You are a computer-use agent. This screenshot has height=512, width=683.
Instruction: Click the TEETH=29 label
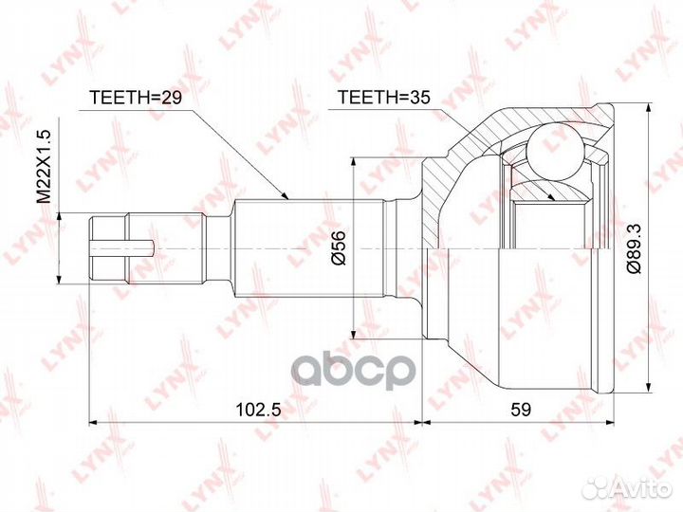click(135, 98)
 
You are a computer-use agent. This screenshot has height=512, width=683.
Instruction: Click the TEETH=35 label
click(384, 98)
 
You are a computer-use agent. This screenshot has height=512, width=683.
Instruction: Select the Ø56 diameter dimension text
click(339, 247)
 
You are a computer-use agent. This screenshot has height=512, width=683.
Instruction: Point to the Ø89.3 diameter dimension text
click(635, 249)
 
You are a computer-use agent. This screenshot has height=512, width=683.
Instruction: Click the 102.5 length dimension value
click(259, 410)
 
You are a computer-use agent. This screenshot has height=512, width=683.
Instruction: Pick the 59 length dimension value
click(521, 410)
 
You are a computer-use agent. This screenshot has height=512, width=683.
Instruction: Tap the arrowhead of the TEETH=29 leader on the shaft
click(285, 196)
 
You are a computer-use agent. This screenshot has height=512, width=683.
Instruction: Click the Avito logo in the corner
click(628, 488)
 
